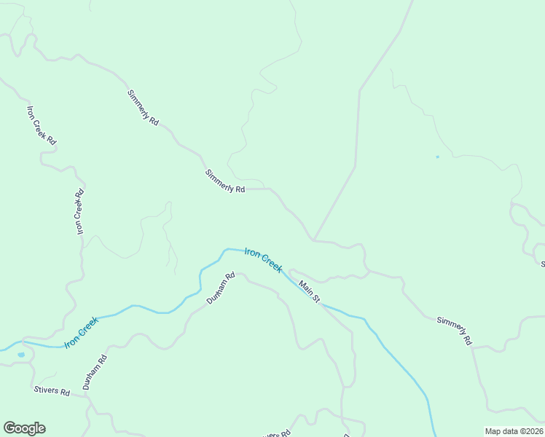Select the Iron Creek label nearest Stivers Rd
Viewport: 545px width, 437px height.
[x=81, y=332]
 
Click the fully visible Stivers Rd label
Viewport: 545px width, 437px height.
[x=52, y=392]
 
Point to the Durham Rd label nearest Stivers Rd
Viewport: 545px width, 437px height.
[x=95, y=372]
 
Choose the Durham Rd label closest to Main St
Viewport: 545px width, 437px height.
[x=220, y=288]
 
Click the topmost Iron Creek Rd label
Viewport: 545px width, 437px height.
[x=42, y=125]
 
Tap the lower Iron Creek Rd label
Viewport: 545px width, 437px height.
[x=80, y=212]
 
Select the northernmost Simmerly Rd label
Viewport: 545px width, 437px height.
[x=143, y=109]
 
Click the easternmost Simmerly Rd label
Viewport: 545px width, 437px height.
[x=455, y=331]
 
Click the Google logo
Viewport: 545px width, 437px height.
[x=24, y=428]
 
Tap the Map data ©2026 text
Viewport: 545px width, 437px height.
[x=514, y=431]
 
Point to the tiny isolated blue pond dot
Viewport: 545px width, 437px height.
[x=437, y=157]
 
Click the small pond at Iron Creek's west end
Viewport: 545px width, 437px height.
[x=20, y=355]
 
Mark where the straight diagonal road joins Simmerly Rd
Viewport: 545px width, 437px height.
[x=314, y=239]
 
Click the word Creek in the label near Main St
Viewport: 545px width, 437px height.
[x=272, y=264]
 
